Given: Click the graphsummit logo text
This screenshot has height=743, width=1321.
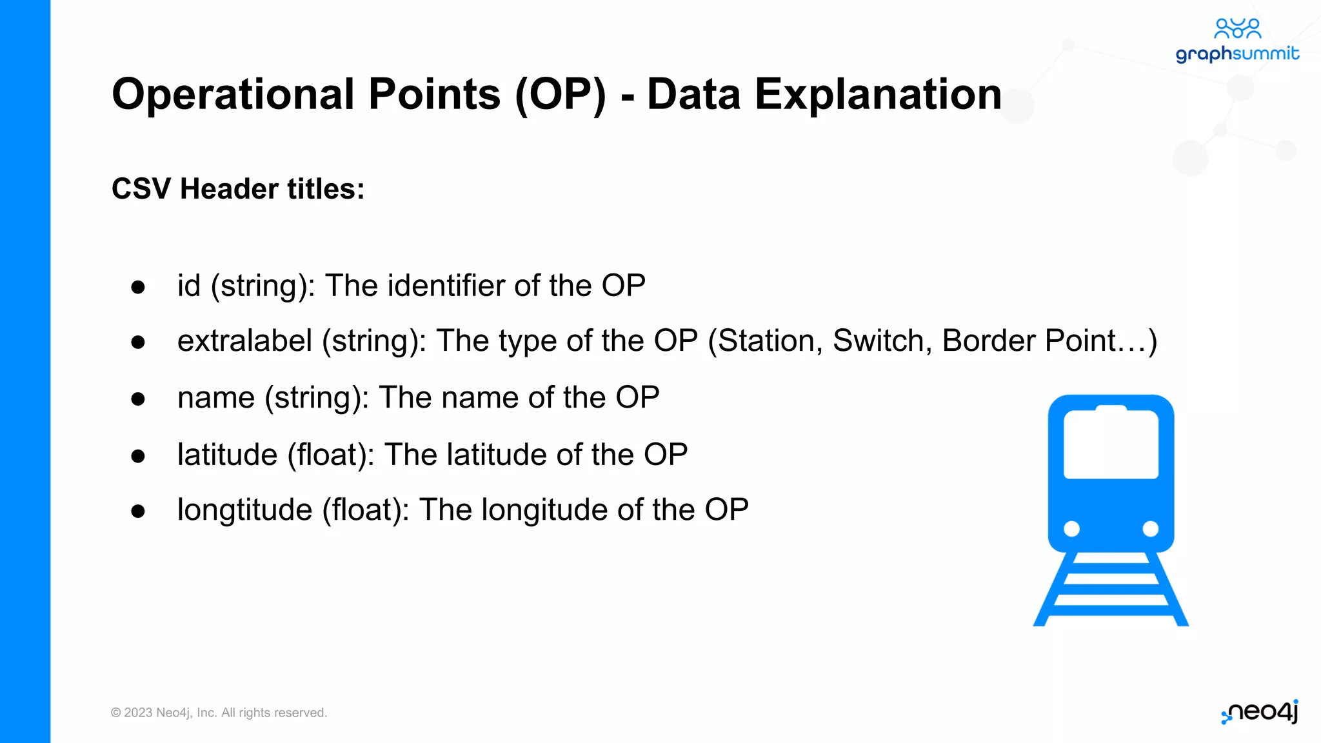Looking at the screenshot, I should pos(1237,54).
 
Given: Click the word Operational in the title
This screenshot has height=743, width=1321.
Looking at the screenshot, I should pos(233,94).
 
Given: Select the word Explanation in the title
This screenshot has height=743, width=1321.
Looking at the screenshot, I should pos(878,94).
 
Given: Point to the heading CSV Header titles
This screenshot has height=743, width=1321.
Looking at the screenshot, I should pos(238,189).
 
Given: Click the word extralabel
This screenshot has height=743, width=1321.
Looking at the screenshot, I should pos(244,341).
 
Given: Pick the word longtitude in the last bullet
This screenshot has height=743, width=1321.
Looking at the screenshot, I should pos(244,510).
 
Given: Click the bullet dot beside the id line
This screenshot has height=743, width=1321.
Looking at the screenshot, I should pos(137,287).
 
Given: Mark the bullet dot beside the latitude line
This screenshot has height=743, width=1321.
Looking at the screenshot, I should pos(137,457).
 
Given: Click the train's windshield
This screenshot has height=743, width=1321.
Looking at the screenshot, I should pos(1111,445).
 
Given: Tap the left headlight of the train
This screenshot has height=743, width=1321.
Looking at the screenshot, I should pos(1071,529).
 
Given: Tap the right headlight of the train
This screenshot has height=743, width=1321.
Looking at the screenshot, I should pos(1150,529).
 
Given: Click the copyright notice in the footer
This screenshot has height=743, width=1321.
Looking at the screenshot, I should pos(219,713).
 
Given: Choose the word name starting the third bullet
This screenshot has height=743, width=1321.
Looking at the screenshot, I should pos(216,397).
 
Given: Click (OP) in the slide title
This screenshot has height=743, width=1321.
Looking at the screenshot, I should pos(561,94).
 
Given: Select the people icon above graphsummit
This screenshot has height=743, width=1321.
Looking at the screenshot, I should pos(1237,28).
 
